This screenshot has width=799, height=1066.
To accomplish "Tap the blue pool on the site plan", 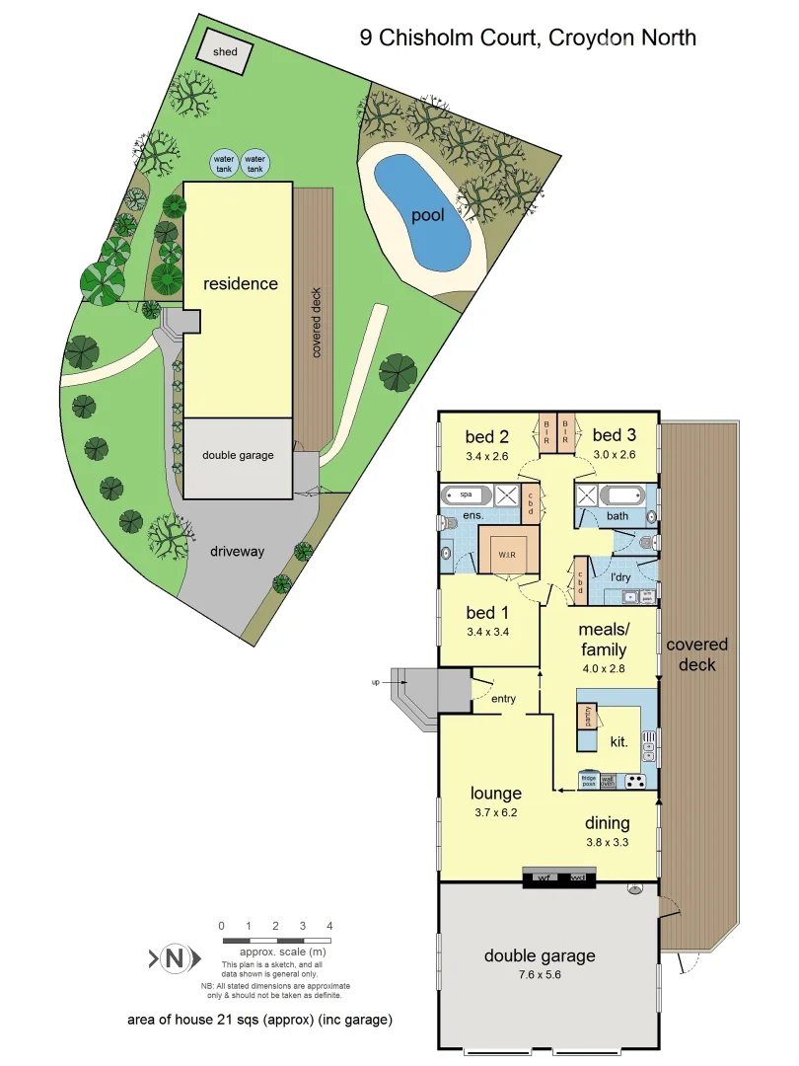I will (x=423, y=214).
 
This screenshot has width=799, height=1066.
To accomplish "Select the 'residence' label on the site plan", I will (x=241, y=284).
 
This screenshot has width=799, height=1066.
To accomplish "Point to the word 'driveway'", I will (x=237, y=551).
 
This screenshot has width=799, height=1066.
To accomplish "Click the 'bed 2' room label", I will (x=486, y=435).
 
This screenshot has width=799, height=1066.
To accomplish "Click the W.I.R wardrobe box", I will (x=508, y=554).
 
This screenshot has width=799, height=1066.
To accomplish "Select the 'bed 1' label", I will (x=487, y=613).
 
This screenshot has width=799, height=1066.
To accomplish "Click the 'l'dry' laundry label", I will (x=619, y=576).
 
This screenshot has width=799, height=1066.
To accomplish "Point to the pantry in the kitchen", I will (x=588, y=715).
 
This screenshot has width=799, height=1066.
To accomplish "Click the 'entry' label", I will (x=503, y=699).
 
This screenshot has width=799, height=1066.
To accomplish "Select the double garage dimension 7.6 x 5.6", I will (x=539, y=974).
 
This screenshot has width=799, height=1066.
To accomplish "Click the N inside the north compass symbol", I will (x=175, y=957).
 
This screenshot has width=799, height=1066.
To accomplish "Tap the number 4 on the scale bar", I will (x=329, y=926).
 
